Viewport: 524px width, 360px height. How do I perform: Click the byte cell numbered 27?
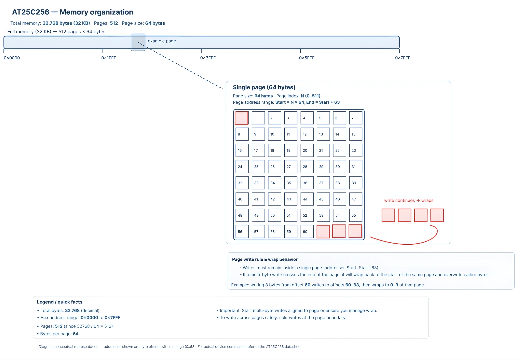pos(291,167)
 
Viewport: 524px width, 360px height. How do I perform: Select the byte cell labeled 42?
pos(274,199)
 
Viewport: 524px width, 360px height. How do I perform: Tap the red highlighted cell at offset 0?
pos(242,118)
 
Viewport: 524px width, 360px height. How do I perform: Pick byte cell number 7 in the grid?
pos(356,118)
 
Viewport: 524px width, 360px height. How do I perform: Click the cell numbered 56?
pos(242,231)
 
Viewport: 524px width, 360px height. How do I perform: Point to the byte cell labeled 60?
pos(307,231)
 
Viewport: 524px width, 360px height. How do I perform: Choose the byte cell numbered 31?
pos(356,167)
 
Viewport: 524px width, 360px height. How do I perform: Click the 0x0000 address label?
pos(12,58)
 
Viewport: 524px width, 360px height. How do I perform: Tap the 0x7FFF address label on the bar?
pos(403,58)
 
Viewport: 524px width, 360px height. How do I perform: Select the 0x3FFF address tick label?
pos(208,58)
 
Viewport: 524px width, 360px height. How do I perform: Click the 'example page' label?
pos(162,41)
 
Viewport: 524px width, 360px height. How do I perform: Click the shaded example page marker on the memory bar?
pos(138,42)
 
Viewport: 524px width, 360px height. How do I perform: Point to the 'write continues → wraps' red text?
pos(409,201)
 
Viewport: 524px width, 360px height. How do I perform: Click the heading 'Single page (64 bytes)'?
pos(264,87)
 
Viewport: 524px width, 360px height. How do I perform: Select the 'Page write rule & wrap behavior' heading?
pos(265,259)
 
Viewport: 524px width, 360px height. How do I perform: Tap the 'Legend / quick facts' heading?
pos(60,302)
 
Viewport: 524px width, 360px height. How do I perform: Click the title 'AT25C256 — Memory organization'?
pos(73,12)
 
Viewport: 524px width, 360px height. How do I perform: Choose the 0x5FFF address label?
pos(307,58)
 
